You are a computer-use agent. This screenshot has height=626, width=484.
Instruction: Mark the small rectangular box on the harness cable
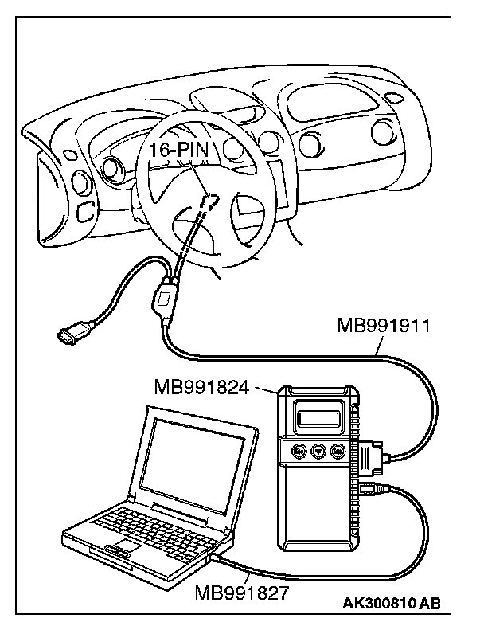pyautogui.click(x=164, y=300)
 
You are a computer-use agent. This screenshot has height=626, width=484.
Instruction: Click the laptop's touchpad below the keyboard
pyautogui.click(x=119, y=550)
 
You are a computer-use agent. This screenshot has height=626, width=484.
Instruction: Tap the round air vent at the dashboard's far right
pyautogui.click(x=388, y=131)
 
